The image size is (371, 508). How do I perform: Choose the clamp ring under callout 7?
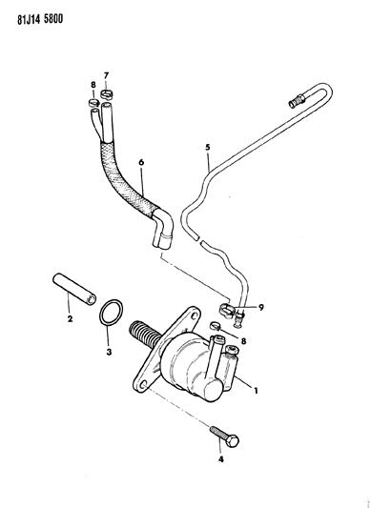[x=107, y=93]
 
